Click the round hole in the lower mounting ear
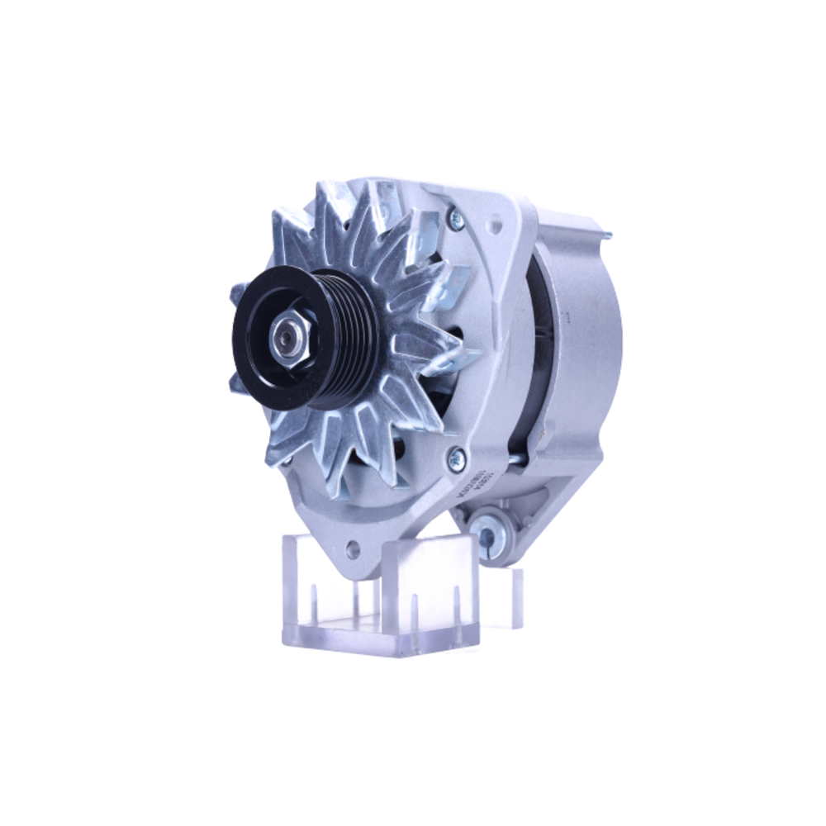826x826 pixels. (353, 546)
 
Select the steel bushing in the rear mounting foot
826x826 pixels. (488, 534)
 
